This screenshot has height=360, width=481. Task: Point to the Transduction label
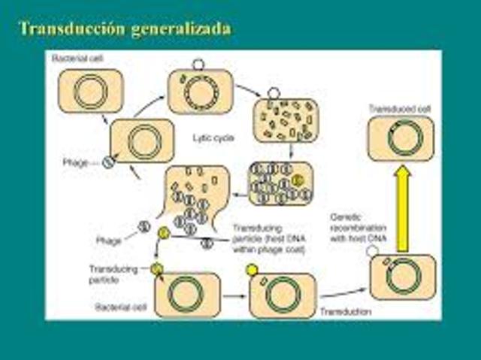[343, 310]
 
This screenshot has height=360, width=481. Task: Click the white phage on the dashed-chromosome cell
[198, 65]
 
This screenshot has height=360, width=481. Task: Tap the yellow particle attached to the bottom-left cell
[156, 268]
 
